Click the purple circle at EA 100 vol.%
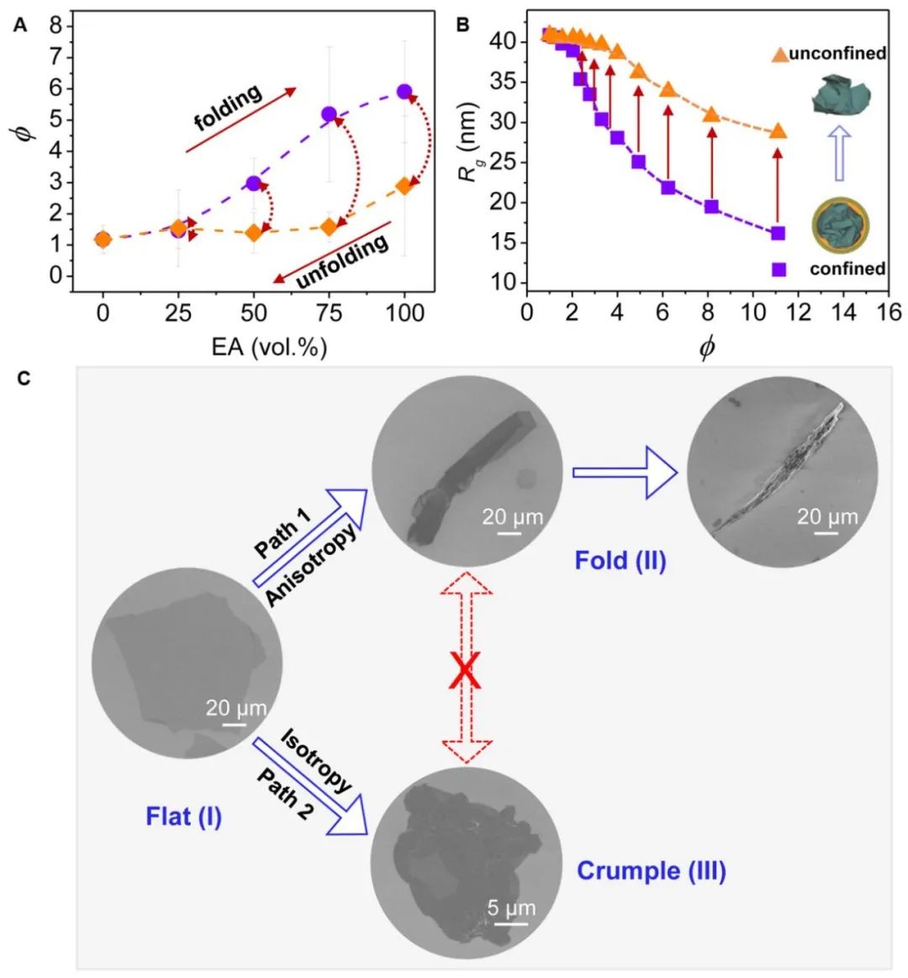404,91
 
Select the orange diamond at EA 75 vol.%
329,226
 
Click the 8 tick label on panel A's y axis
56,26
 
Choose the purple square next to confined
779,269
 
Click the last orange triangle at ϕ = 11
778,131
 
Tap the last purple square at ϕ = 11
778,233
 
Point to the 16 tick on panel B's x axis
889,312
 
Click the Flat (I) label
184,816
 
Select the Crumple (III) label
651,870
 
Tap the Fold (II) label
620,560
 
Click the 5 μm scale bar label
512,908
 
